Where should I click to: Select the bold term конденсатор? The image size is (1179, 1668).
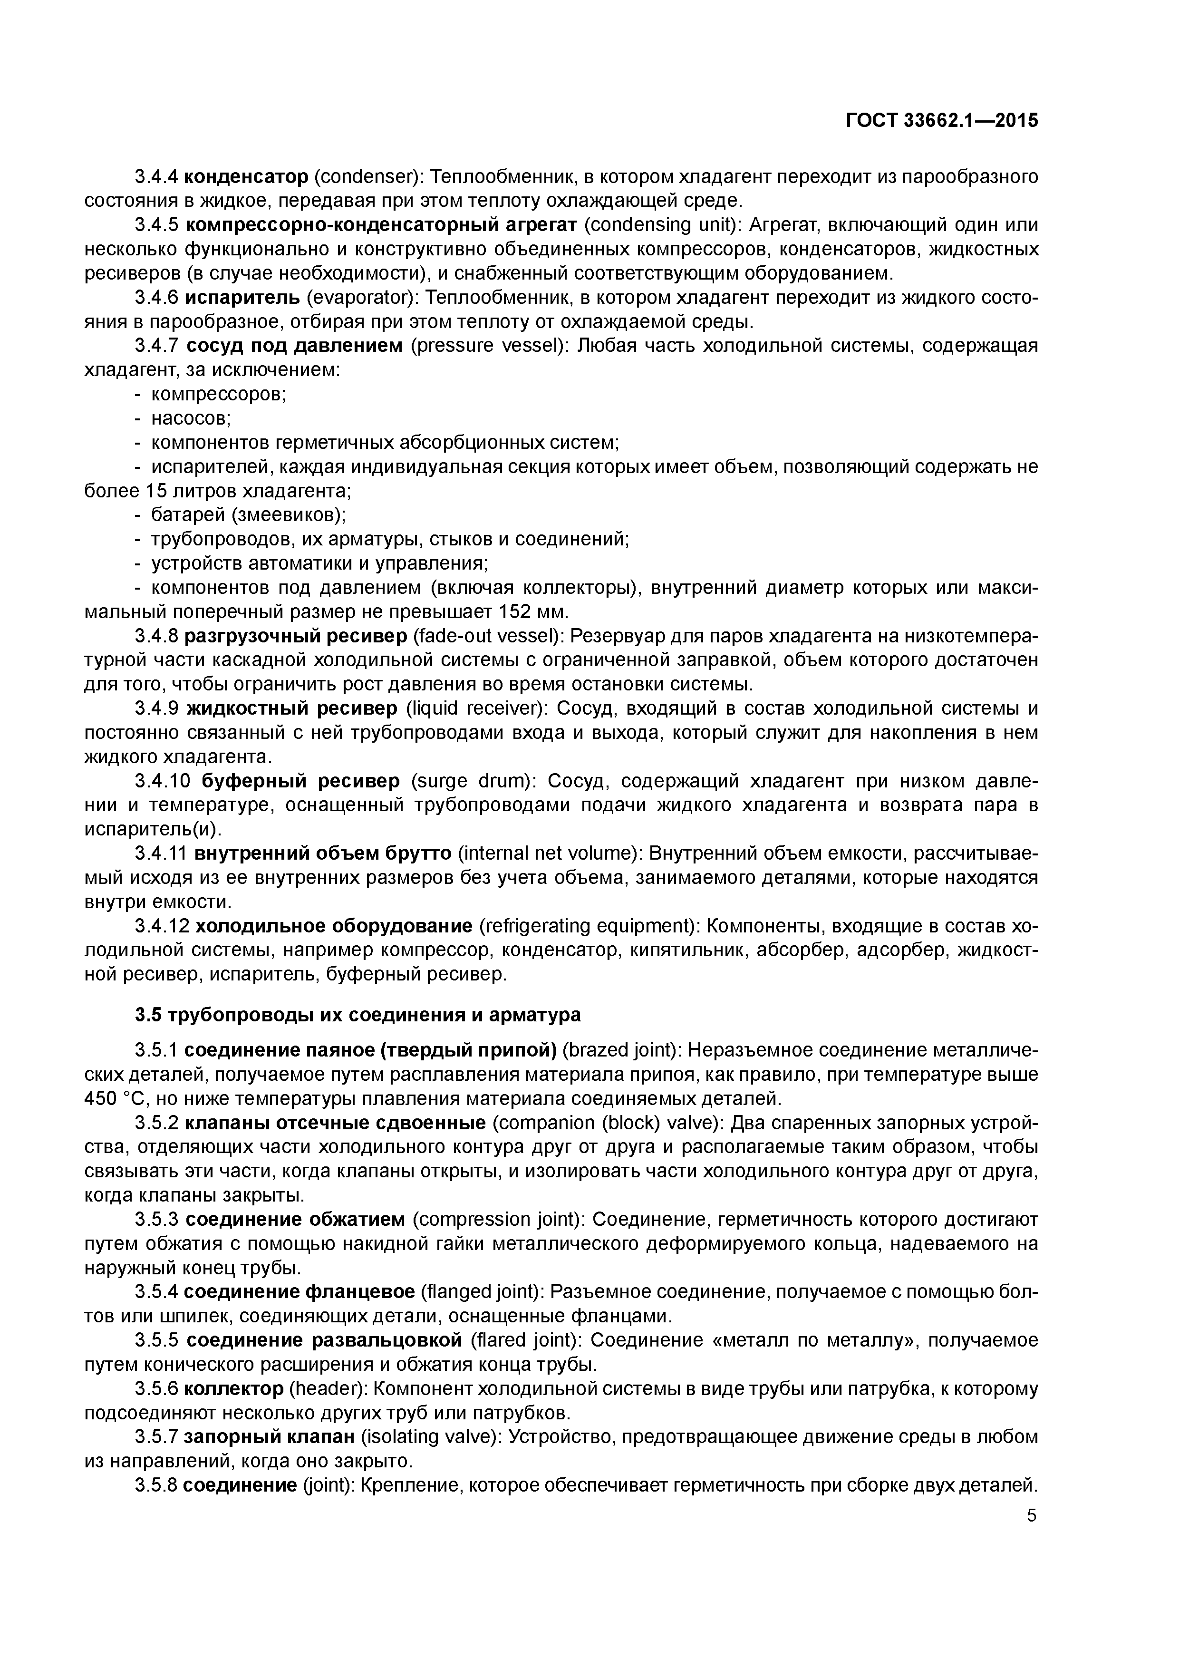tap(246, 176)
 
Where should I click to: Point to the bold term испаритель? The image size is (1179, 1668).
tap(241, 297)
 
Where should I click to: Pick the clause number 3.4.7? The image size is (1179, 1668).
tap(156, 345)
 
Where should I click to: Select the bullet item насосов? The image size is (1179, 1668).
tap(190, 418)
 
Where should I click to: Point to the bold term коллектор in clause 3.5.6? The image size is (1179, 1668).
tap(233, 1389)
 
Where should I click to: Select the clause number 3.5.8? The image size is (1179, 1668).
tap(155, 1485)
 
